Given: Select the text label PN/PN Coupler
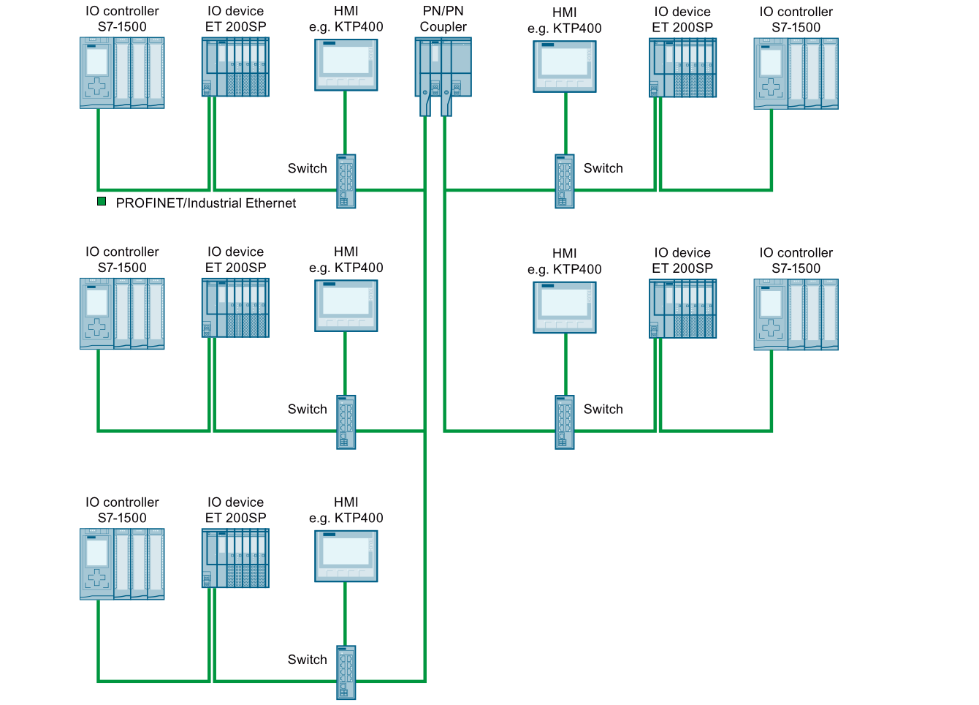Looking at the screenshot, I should point(443,19).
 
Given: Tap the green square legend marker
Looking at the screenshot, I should point(102,202).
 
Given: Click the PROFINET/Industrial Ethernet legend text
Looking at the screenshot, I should point(205,203).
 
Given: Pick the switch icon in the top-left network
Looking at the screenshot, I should point(346,181).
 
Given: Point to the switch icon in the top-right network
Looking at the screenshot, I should point(565,181).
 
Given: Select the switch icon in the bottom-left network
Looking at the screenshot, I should point(346,672).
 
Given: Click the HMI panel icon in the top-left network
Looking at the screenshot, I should point(346,64).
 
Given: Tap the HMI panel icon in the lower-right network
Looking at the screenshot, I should point(565,307).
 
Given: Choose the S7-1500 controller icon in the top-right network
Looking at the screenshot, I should point(796,73).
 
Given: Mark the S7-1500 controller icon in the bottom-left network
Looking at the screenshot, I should point(122,564).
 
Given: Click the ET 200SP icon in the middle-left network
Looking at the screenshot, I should point(235,307).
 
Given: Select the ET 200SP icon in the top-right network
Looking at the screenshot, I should point(682,67).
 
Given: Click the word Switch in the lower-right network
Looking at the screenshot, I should point(603,410).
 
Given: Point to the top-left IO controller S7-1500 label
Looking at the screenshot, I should point(122,19).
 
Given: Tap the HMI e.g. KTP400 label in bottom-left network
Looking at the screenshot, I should point(346,510).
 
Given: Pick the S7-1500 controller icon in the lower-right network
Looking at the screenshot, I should point(796,314).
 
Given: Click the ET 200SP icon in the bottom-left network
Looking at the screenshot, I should point(235,558).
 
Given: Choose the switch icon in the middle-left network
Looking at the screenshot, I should point(346,422).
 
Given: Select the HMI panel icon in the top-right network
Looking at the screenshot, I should point(565,66).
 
